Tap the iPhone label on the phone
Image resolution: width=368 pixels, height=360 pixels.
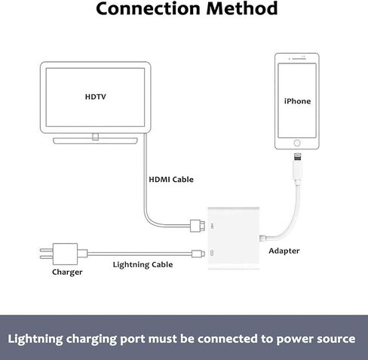click(297, 100)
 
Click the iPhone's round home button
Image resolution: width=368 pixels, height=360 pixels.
click(297, 143)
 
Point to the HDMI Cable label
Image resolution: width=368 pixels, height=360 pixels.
click(170, 180)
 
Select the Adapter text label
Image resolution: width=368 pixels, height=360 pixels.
click(284, 250)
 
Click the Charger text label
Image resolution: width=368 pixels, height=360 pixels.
click(67, 272)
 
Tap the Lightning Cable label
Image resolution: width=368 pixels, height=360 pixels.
click(143, 264)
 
